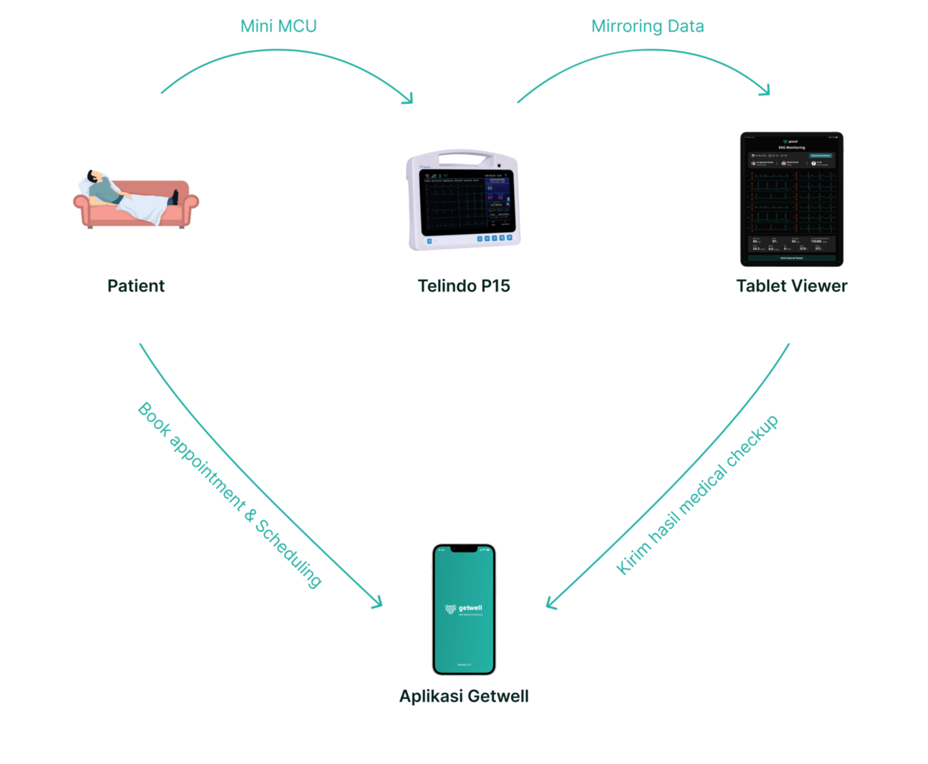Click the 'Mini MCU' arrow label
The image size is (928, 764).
tap(279, 26)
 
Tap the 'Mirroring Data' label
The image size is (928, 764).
tap(647, 27)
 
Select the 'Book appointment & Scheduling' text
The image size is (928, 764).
tap(230, 495)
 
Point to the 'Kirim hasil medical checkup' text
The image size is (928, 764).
tap(697, 495)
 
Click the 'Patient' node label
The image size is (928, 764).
tap(136, 286)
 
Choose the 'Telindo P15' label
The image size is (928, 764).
tap(464, 286)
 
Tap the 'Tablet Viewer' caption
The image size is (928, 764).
tap(791, 286)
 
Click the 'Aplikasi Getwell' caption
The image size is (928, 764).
tap(464, 696)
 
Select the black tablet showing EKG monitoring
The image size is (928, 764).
tap(791, 199)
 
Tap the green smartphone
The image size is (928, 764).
tap(464, 609)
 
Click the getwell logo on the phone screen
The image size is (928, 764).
tap(464, 609)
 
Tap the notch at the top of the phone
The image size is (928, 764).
tap(464, 549)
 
